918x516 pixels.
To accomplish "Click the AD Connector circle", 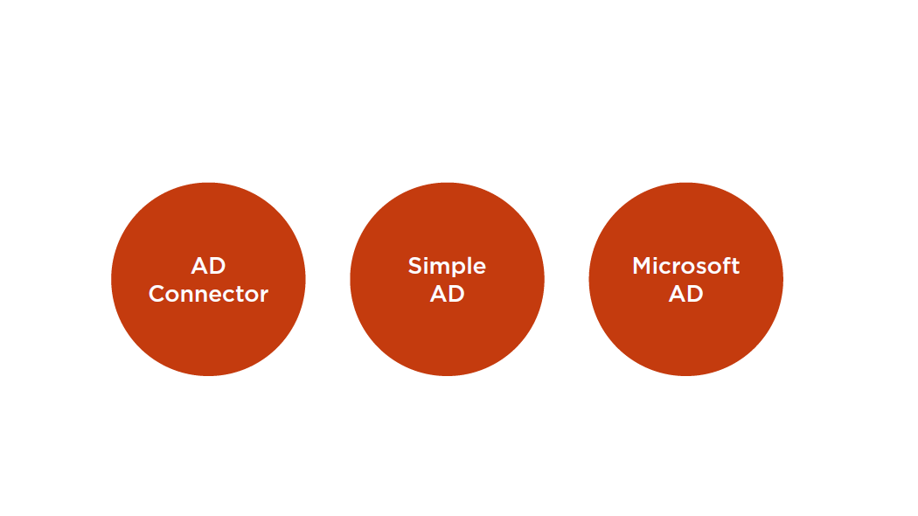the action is pyautogui.click(x=208, y=279).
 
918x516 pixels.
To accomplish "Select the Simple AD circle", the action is pyautogui.click(x=448, y=279).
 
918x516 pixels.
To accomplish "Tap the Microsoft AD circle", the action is pyautogui.click(x=686, y=279).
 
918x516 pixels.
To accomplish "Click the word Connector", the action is pyautogui.click(x=208, y=294).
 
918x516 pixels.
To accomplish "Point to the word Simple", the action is pyautogui.click(x=447, y=267).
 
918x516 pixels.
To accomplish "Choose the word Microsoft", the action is pyautogui.click(x=686, y=266).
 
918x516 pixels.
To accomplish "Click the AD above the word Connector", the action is pyautogui.click(x=208, y=266).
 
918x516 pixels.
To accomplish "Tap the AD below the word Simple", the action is pyautogui.click(x=448, y=294).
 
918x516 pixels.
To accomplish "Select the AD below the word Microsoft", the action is pyautogui.click(x=686, y=294).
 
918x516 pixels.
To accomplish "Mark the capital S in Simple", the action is pyautogui.click(x=415, y=266).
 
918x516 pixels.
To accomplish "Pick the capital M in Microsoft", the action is pyautogui.click(x=643, y=266).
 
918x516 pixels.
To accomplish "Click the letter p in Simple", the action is pyautogui.click(x=460, y=268).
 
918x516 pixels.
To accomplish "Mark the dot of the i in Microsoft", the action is pyautogui.click(x=657, y=258).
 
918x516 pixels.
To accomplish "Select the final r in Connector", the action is pyautogui.click(x=264, y=296).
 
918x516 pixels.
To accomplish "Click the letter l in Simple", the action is pyautogui.click(x=470, y=265).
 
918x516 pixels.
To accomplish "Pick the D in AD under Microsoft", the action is pyautogui.click(x=695, y=294).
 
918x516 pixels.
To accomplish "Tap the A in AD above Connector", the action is pyautogui.click(x=199, y=266).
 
